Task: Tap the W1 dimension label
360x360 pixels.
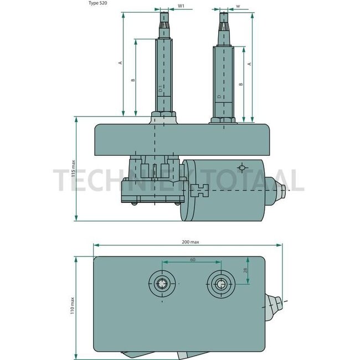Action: tap(181, 7)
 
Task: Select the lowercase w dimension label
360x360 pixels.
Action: tap(237, 7)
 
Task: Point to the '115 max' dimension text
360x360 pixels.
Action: tap(74, 169)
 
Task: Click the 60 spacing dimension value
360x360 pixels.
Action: tap(193, 259)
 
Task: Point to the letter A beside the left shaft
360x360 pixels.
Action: tap(120, 63)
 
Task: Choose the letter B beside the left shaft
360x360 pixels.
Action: tap(132, 80)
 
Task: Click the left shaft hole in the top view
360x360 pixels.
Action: tap(162, 285)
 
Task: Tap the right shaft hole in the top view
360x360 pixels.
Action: tap(220, 285)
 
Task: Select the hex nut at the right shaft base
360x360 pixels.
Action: tap(223, 119)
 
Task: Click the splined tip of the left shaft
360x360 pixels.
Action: tap(164, 22)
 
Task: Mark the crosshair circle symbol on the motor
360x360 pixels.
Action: tap(241, 167)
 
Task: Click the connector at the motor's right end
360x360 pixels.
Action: tap(281, 189)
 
